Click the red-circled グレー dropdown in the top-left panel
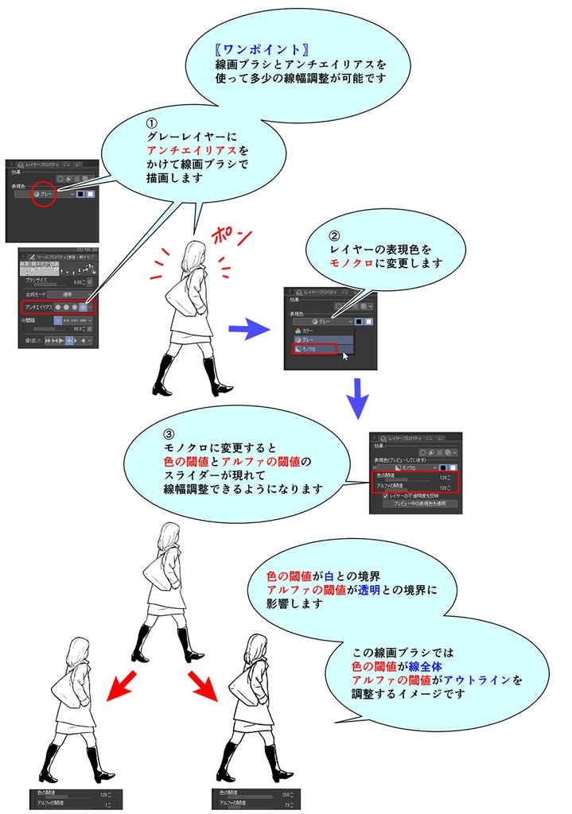tap(45, 193)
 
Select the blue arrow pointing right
tap(250, 326)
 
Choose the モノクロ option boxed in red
tap(314, 349)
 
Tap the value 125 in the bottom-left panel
tap(103, 793)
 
